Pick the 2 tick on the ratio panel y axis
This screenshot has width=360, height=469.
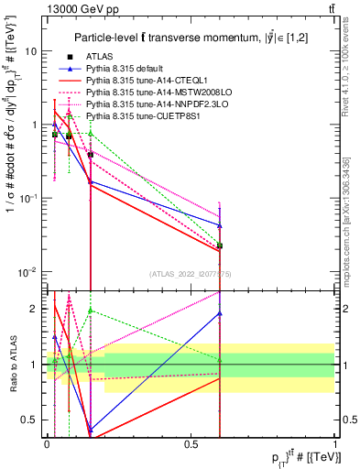click(37, 309)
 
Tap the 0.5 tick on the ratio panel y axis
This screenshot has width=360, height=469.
click(33, 420)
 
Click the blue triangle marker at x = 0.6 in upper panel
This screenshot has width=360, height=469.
click(220, 225)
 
